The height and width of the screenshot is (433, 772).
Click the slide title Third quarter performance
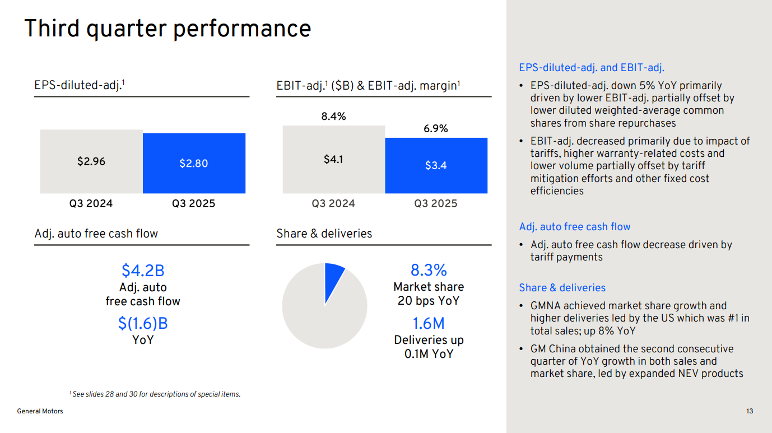(168, 29)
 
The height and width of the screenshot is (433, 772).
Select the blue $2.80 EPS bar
(194, 163)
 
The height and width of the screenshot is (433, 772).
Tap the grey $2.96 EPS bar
(91, 161)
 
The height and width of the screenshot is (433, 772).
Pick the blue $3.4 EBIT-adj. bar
(436, 165)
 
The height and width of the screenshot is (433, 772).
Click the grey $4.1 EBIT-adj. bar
(333, 160)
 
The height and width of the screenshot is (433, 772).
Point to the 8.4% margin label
(333, 117)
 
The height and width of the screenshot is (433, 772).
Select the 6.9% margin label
(436, 129)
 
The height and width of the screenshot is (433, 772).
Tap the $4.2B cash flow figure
(143, 271)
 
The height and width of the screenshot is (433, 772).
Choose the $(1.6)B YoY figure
(143, 324)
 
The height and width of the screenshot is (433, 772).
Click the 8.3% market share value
(429, 271)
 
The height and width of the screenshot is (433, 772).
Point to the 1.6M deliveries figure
(429, 324)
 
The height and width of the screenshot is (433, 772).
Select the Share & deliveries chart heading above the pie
(324, 234)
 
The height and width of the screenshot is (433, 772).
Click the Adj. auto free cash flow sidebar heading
(575, 227)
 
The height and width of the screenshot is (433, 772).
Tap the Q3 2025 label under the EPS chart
(194, 204)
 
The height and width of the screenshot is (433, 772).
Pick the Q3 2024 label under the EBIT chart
(333, 204)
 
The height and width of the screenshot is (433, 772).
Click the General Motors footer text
(40, 411)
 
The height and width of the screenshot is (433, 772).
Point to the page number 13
(750, 411)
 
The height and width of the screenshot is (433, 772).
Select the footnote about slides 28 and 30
(155, 394)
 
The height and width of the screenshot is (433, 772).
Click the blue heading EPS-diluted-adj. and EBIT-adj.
(592, 68)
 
